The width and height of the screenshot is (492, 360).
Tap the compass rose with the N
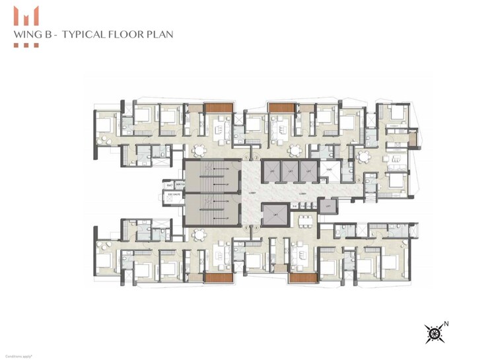[x=434, y=334]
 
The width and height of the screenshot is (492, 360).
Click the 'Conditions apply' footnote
[x=19, y=355]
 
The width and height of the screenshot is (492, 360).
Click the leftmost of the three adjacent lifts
[x=271, y=172]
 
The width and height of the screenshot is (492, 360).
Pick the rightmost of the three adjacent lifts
[x=308, y=172]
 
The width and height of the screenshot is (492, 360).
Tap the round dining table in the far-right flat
[x=363, y=156]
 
